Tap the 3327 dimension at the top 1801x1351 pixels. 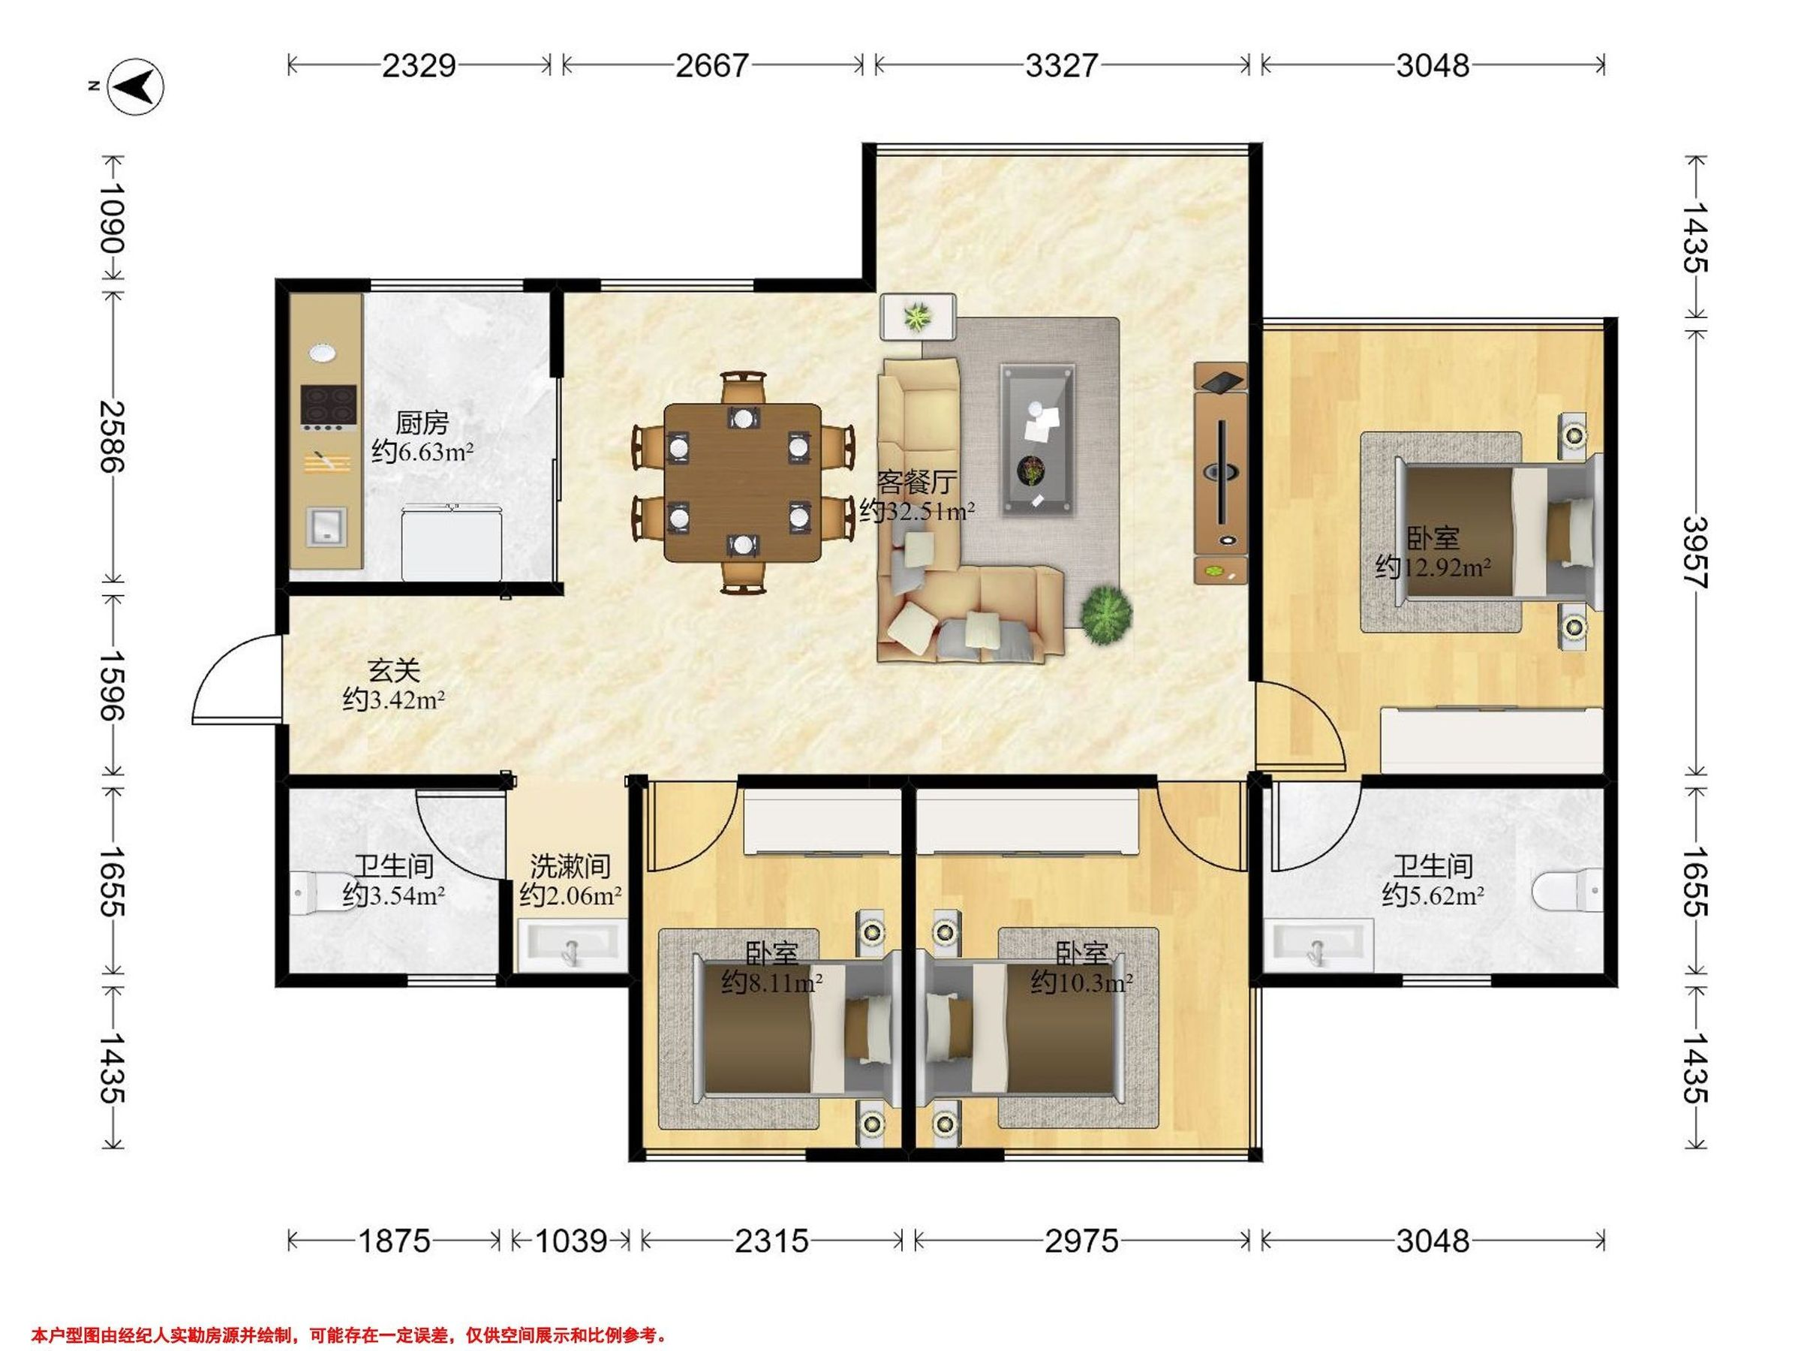point(1062,65)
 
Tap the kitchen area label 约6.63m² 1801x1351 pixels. point(422,451)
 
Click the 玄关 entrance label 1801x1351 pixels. point(394,671)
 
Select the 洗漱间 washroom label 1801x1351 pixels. point(570,865)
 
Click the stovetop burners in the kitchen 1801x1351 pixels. point(329,406)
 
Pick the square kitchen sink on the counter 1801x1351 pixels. point(326,526)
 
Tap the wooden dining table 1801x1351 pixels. point(743,483)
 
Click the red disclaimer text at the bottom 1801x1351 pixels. point(349,1334)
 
